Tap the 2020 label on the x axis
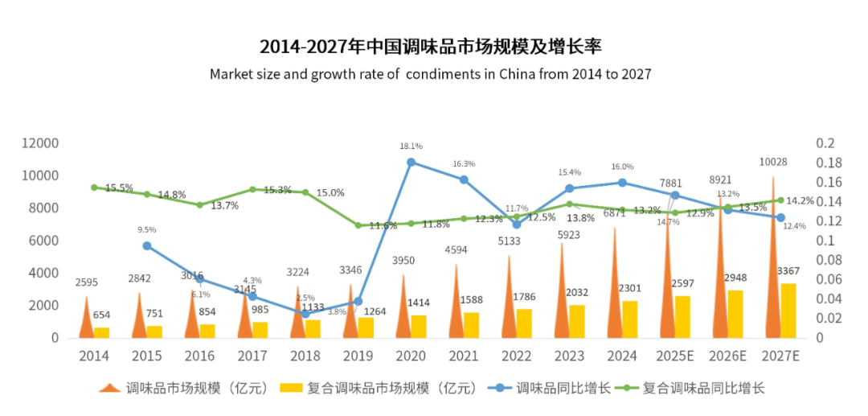[411, 354]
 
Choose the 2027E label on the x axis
[780, 354]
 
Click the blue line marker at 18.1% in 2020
[411, 163]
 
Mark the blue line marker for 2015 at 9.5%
[147, 246]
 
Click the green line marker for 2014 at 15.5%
[94, 187]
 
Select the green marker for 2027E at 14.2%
[780, 200]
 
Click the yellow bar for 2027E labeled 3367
[788, 311]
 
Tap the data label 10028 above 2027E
[772, 162]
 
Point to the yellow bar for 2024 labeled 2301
[630, 319]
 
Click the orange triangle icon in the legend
[109, 388]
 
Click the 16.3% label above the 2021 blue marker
[464, 163]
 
